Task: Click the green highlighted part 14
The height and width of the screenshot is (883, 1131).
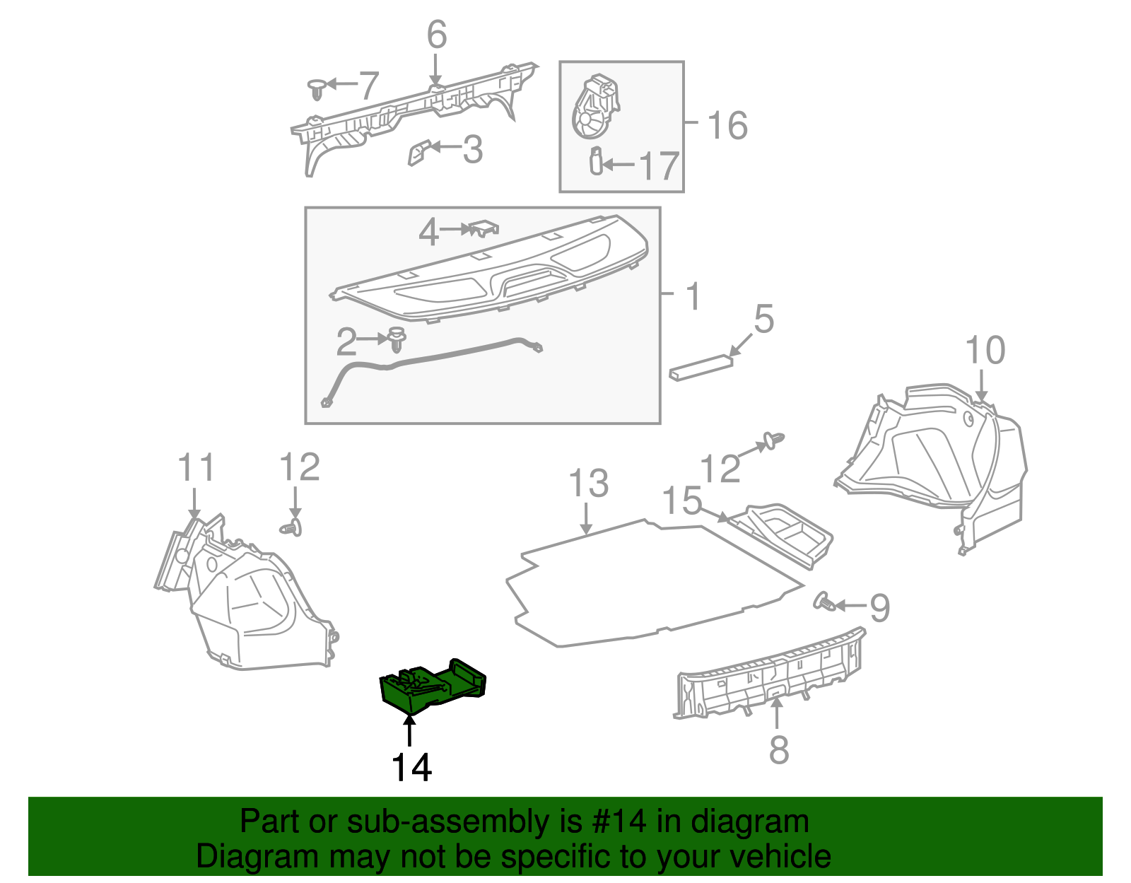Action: click(x=431, y=684)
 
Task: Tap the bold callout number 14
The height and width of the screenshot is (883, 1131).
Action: click(x=411, y=767)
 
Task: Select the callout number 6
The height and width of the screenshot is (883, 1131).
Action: click(x=437, y=35)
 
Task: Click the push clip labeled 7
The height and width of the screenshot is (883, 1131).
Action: click(x=317, y=88)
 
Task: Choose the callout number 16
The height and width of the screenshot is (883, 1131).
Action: click(x=727, y=126)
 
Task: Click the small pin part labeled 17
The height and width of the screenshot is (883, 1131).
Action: click(x=596, y=161)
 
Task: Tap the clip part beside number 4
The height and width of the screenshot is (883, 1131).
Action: click(x=484, y=228)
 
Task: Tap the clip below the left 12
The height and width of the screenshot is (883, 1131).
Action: click(x=292, y=527)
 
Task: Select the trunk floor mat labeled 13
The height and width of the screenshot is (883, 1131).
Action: click(x=636, y=580)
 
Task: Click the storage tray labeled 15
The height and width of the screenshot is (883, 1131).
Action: click(x=785, y=534)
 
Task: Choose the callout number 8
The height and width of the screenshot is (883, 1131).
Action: click(x=778, y=749)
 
